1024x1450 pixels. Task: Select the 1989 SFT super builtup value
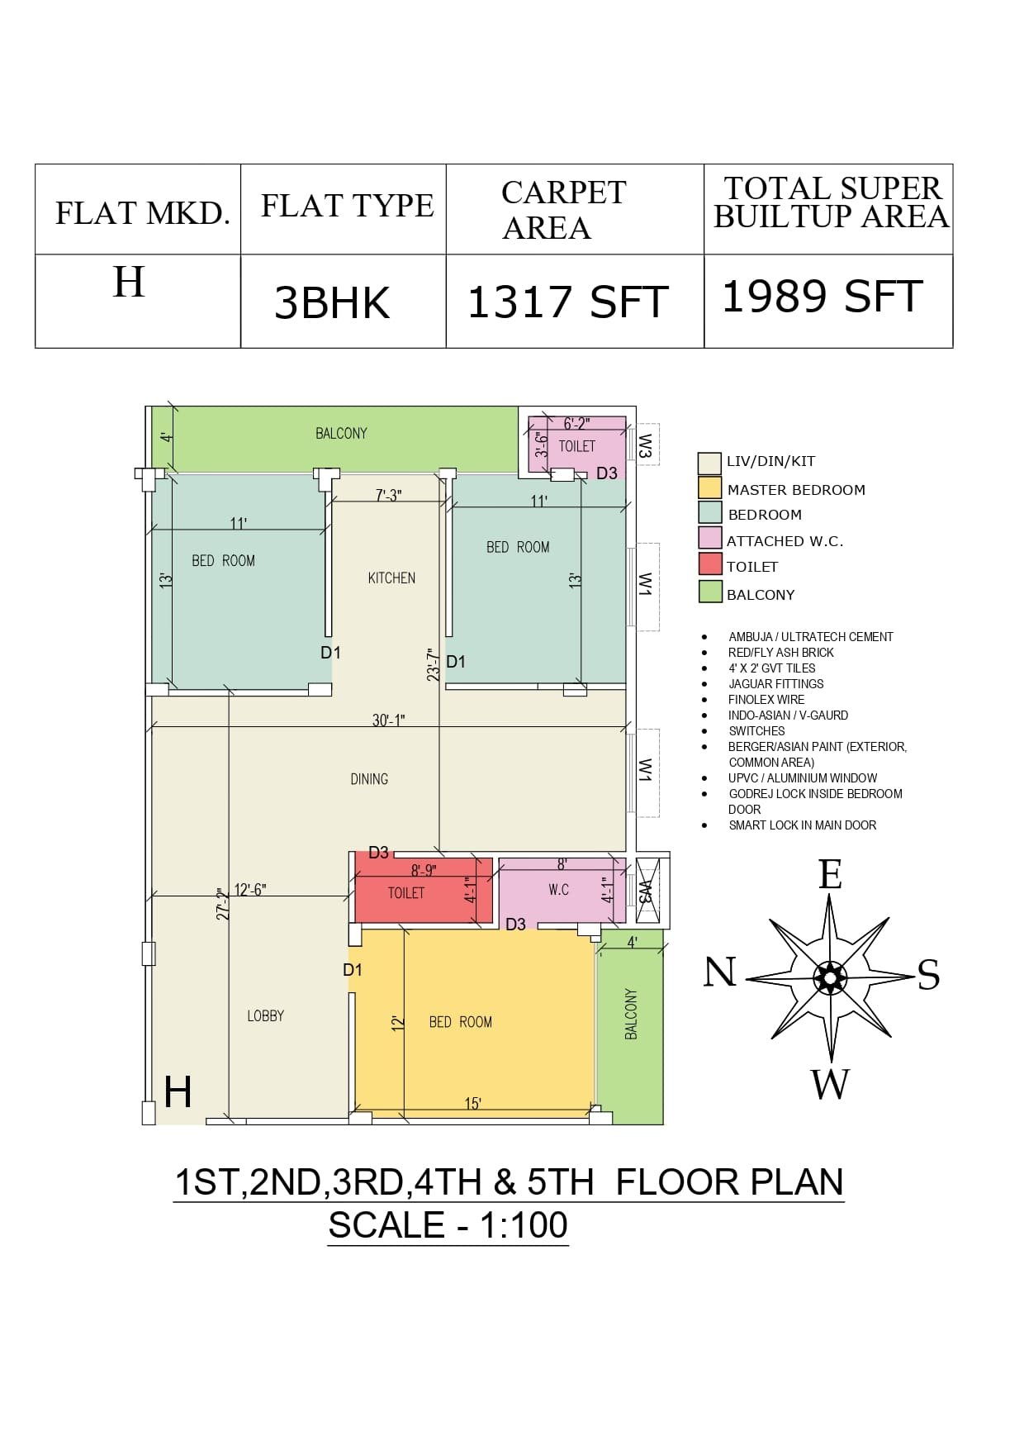tap(823, 297)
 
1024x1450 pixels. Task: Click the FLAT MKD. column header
tap(142, 213)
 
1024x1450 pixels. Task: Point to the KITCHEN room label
tap(391, 578)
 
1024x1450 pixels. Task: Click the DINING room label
tap(369, 779)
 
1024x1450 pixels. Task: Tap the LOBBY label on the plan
tap(266, 1016)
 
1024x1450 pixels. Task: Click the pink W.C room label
tap(559, 890)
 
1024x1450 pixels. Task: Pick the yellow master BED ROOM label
tap(461, 1023)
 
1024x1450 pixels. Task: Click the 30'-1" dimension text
tap(388, 720)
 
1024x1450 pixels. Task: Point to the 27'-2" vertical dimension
tap(220, 905)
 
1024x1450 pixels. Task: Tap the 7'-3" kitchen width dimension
tap(388, 496)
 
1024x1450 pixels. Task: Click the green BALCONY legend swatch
tap(710, 592)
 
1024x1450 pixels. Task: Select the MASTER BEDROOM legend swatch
tap(710, 487)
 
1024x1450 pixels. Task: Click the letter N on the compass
tap(719, 972)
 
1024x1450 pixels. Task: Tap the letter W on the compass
tap(830, 1084)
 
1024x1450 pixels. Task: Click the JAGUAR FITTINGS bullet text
tap(775, 684)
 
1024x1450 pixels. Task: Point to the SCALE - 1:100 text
tap(448, 1224)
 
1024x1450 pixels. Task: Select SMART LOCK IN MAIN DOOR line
tap(802, 825)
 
